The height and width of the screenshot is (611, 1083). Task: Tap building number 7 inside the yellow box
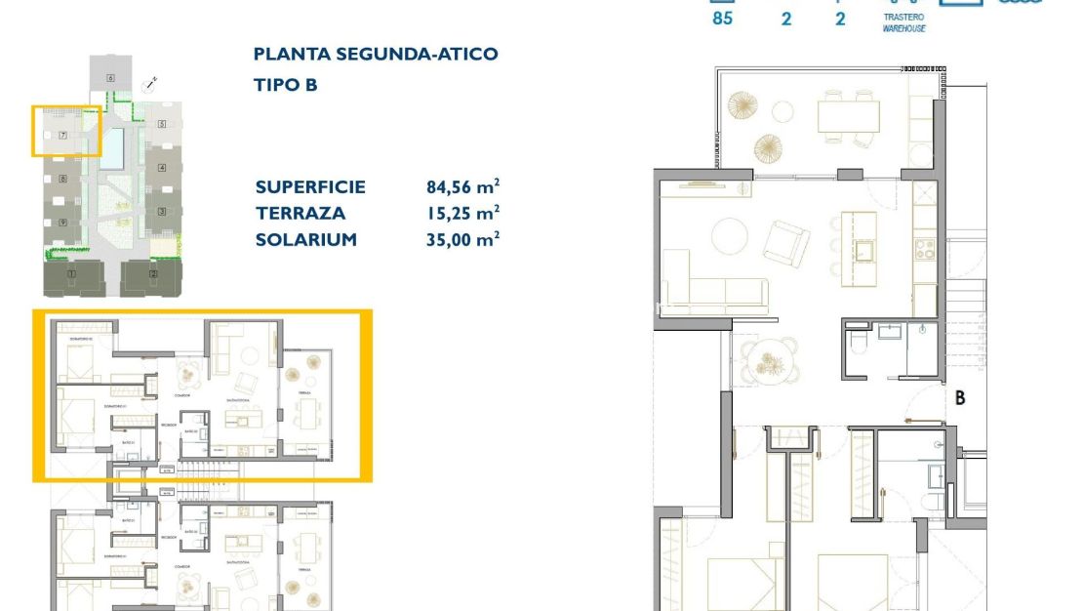pyautogui.click(x=62, y=136)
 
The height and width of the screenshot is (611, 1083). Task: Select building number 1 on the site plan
pyautogui.click(x=71, y=274)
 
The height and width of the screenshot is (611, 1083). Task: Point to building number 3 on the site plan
pyautogui.click(x=163, y=211)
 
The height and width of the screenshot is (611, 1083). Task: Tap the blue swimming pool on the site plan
pyautogui.click(x=115, y=146)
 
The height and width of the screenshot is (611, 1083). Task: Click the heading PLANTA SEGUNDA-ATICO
pyautogui.click(x=375, y=55)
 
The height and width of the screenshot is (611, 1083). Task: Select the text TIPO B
pyautogui.click(x=285, y=85)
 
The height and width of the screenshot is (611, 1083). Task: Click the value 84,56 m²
pyautogui.click(x=457, y=187)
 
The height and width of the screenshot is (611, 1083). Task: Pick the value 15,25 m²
pyautogui.click(x=457, y=214)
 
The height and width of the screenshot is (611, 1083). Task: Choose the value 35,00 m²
pyautogui.click(x=457, y=240)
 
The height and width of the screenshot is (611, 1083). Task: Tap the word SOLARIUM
pyautogui.click(x=305, y=240)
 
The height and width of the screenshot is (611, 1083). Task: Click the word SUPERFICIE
pyautogui.click(x=310, y=187)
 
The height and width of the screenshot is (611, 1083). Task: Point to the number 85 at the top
pyautogui.click(x=722, y=18)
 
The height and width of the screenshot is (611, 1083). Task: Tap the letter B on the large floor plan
pyautogui.click(x=960, y=398)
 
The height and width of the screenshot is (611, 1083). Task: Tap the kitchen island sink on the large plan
pyautogui.click(x=863, y=250)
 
